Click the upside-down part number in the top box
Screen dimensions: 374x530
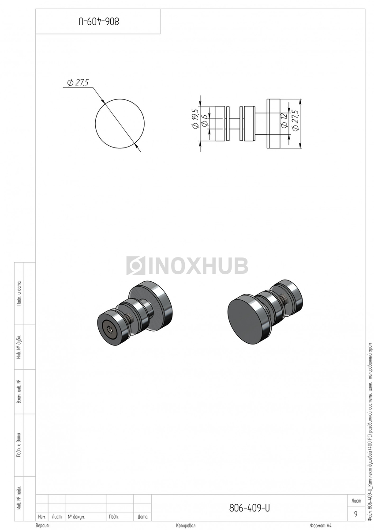[99, 22]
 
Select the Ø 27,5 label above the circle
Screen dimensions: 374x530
[78, 83]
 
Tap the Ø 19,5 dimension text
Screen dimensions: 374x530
[195, 118]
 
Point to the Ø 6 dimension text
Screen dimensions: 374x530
[205, 120]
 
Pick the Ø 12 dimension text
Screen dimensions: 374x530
[284, 121]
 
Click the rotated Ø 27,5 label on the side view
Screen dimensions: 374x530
[295, 120]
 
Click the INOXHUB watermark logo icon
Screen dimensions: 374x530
[135, 265]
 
